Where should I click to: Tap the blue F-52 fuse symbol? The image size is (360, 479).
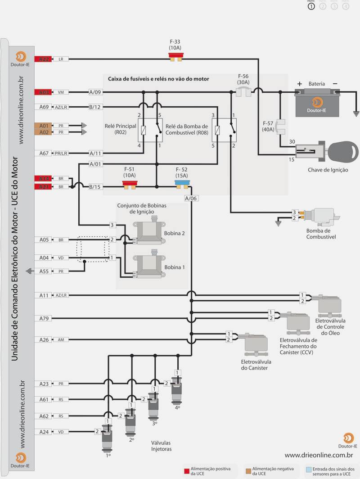(182, 184)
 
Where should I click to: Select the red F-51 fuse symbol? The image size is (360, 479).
(130, 184)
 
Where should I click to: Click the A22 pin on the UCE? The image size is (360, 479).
(44, 59)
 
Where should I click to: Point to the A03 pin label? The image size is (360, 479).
(44, 92)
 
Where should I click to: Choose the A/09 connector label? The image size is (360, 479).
(95, 92)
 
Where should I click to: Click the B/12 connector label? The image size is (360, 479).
(95, 107)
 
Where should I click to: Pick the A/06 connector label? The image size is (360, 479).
(191, 198)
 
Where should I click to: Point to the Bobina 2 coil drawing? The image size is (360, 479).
(151, 233)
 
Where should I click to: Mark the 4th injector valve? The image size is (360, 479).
(178, 388)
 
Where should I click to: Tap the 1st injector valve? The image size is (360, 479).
(108, 436)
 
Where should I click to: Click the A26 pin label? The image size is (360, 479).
(44, 339)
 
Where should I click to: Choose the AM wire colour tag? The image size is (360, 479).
(61, 339)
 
